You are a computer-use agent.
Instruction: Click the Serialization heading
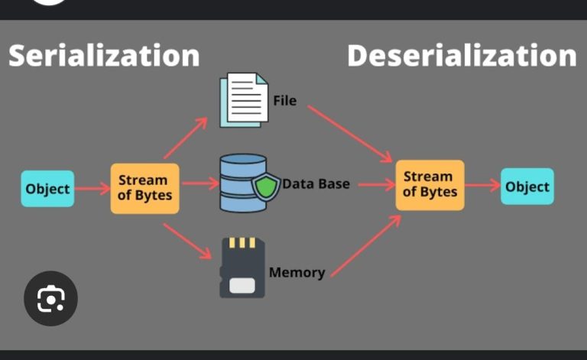[104, 56]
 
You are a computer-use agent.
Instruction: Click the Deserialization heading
[461, 56]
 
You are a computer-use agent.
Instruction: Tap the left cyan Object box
[47, 189]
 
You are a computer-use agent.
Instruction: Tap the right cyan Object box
[527, 186]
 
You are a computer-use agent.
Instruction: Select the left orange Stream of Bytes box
[144, 188]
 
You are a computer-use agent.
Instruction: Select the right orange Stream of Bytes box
[430, 185]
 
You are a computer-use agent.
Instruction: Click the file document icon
[244, 100]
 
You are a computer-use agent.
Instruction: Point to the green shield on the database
[267, 187]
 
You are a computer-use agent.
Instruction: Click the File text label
[284, 100]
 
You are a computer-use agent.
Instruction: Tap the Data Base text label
[316, 184]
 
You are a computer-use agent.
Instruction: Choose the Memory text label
[297, 273]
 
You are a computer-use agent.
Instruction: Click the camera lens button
[50, 299]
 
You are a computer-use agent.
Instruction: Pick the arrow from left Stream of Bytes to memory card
[187, 238]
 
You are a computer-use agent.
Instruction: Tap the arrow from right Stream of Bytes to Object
[482, 186]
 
